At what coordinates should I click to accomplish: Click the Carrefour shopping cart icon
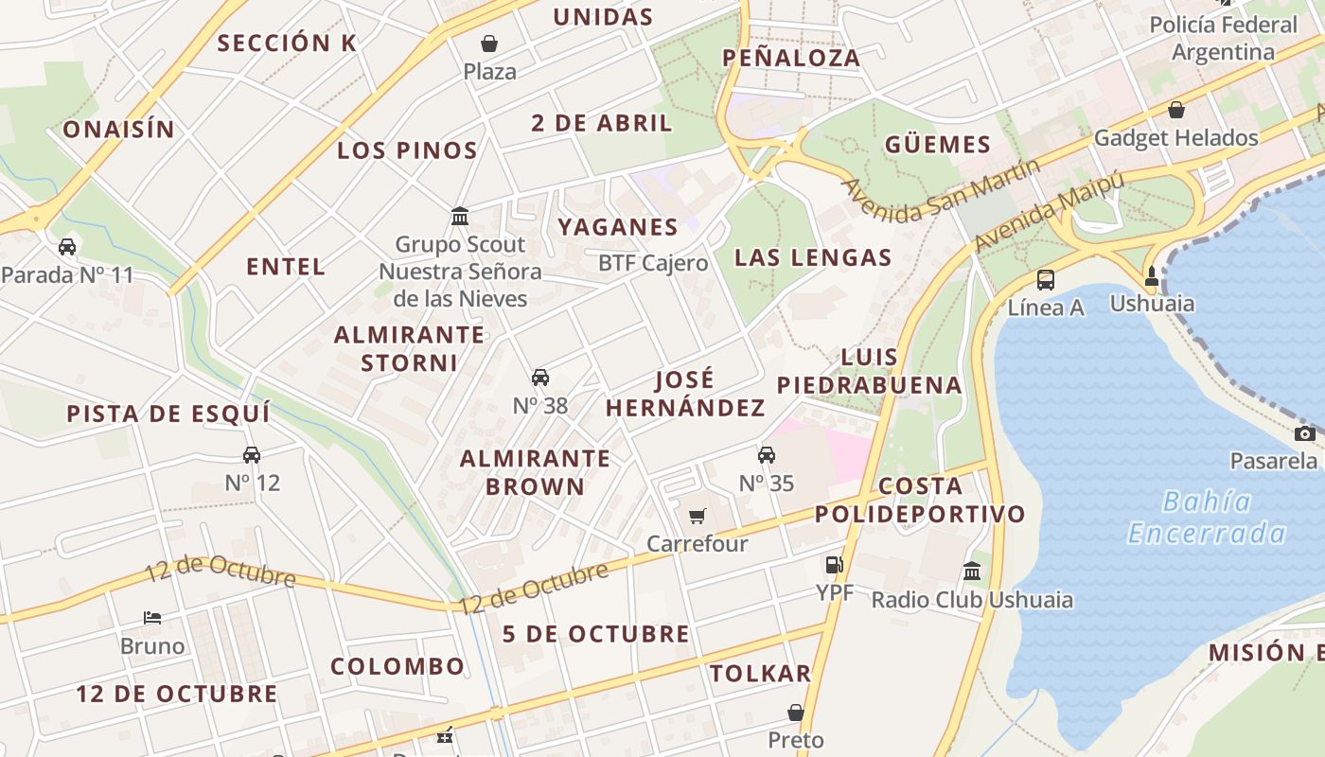(x=698, y=516)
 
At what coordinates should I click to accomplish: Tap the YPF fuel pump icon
(x=834, y=565)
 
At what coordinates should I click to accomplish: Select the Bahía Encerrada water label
(x=1207, y=518)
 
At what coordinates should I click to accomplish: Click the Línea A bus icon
(x=1046, y=280)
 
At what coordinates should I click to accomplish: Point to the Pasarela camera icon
(x=1305, y=433)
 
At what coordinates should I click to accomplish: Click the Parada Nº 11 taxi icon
(x=67, y=247)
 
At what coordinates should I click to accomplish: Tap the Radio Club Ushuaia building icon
(x=972, y=571)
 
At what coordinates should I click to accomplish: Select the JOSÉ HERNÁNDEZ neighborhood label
(x=685, y=394)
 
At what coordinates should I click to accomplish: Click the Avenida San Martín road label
(x=941, y=190)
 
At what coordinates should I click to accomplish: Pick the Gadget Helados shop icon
(x=1176, y=110)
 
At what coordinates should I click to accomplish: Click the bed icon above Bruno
(x=152, y=618)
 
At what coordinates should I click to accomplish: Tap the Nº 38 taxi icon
(x=540, y=378)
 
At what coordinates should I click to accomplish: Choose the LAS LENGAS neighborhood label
(x=813, y=257)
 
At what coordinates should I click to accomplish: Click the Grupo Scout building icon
(x=460, y=216)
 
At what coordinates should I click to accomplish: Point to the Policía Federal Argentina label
(x=1223, y=38)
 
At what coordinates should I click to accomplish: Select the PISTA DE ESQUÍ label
(x=168, y=414)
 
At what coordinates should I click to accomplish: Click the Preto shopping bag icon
(x=796, y=712)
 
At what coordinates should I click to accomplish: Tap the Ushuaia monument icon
(x=1152, y=276)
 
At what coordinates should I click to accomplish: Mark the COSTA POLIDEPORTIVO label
(x=920, y=500)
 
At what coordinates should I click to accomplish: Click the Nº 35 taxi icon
(x=767, y=455)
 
